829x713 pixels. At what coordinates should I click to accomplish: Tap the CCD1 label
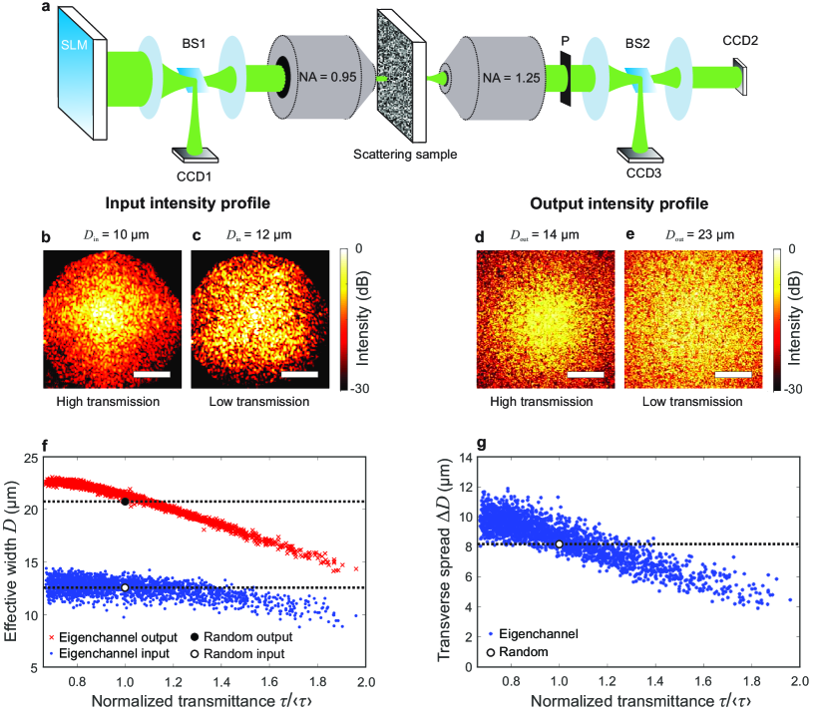195,177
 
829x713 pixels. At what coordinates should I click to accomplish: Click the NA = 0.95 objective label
328,77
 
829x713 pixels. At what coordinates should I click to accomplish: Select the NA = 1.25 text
511,78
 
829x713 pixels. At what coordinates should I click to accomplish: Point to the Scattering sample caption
405,155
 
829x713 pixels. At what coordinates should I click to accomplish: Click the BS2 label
637,43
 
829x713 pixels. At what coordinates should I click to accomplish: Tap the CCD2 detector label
740,41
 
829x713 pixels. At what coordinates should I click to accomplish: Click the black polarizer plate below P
566,78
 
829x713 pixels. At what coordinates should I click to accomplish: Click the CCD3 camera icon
640,155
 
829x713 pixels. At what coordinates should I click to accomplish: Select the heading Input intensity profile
188,203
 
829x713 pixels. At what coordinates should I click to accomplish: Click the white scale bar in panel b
152,374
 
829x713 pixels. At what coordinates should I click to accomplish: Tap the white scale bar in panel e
733,374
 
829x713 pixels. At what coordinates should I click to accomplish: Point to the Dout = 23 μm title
699,234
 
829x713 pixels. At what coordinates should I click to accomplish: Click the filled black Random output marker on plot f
125,502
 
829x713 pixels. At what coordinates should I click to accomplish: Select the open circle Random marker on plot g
559,543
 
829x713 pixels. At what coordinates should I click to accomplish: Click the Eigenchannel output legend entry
113,637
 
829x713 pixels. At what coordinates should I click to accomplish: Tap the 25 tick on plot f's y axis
31,458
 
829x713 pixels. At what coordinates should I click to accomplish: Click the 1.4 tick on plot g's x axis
655,681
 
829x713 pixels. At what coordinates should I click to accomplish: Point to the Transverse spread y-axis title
444,559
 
